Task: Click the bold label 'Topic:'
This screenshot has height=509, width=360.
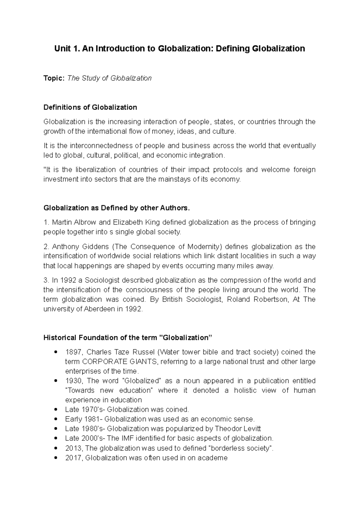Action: (x=54, y=78)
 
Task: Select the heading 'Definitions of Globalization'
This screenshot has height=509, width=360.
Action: (x=90, y=107)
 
